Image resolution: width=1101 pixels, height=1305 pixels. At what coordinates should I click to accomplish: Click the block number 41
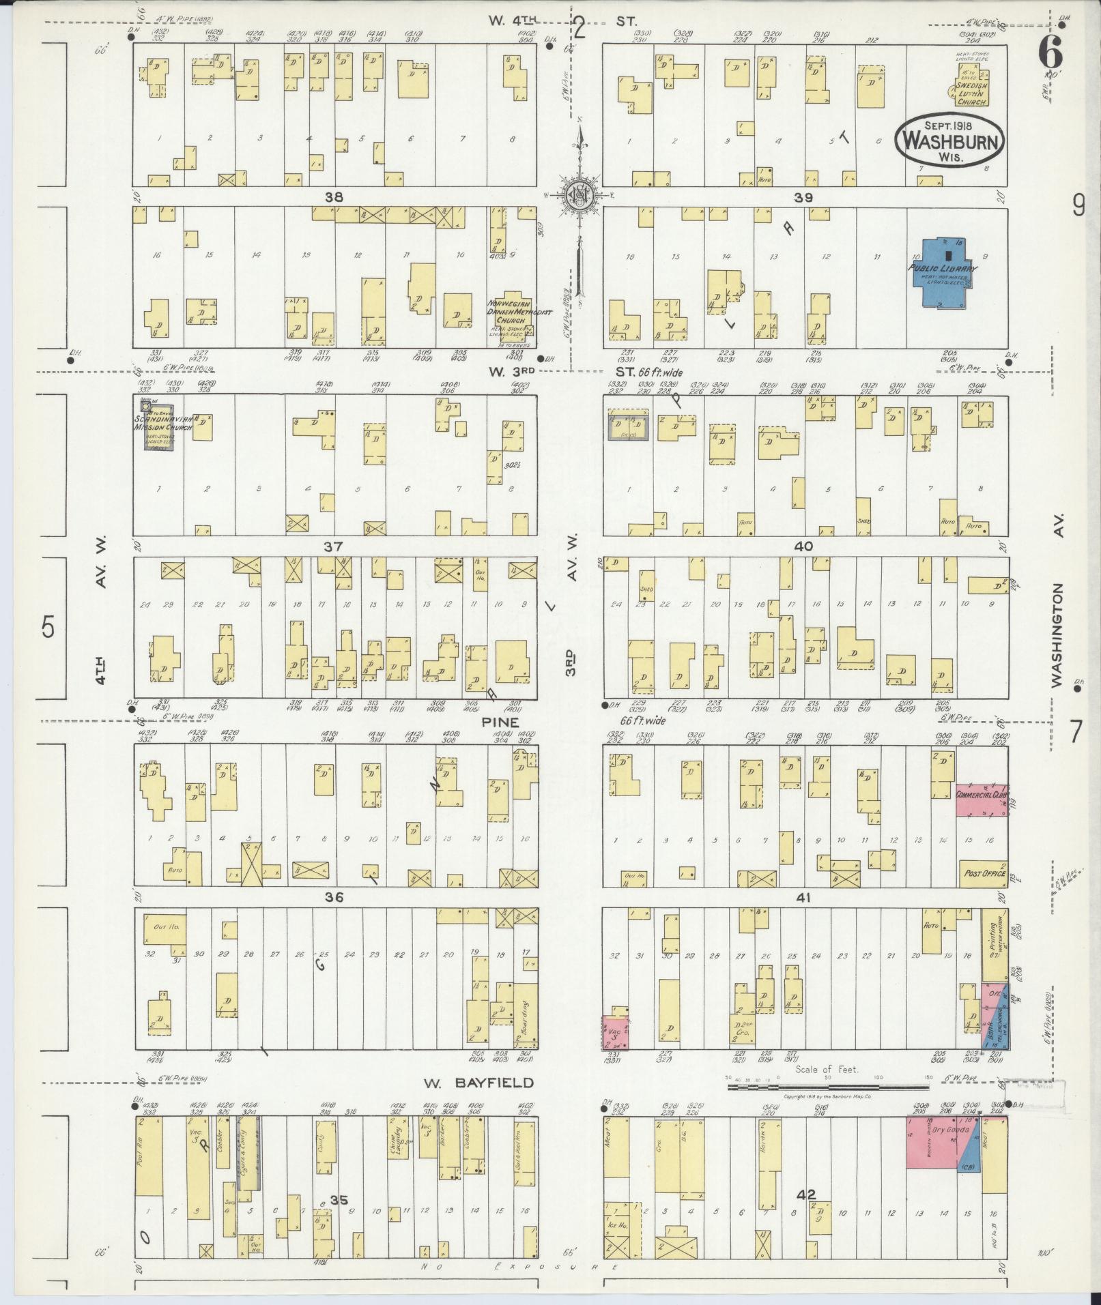[x=803, y=898]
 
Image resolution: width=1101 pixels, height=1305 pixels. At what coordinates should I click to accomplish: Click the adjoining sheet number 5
[x=46, y=626]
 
